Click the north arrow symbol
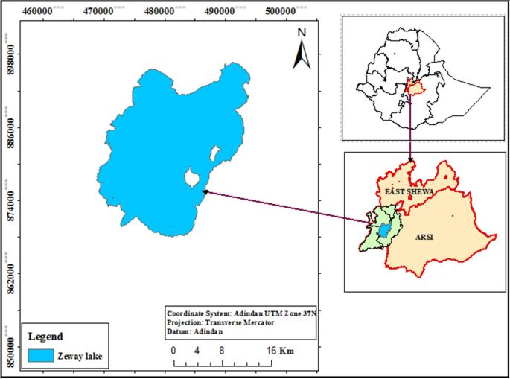pos(302,53)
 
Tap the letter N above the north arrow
pos(302,32)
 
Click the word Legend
pos(45,337)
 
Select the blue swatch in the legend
pos(40,356)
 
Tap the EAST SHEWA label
pos(409,192)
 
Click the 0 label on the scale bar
pos(173,350)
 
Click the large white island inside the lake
pos(191,179)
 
